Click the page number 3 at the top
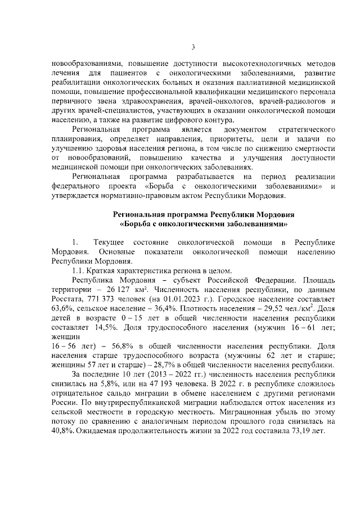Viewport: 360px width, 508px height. click(x=192, y=47)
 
